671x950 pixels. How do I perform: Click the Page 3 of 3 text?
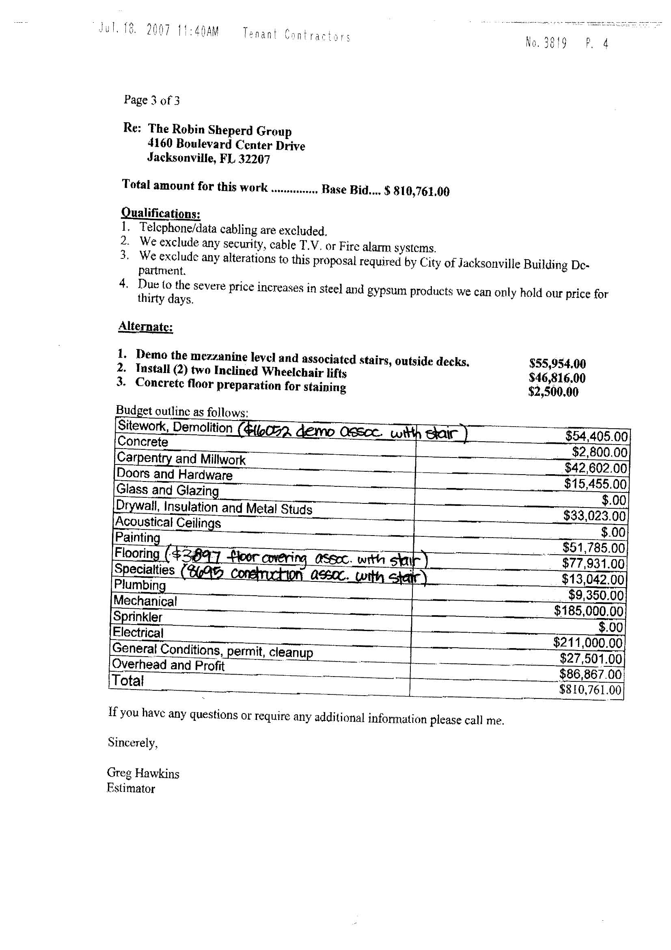pyautogui.click(x=151, y=100)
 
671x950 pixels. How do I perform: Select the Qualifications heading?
pyautogui.click(x=160, y=213)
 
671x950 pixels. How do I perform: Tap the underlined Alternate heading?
pyautogui.click(x=146, y=326)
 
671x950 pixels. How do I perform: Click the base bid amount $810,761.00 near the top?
pyautogui.click(x=417, y=191)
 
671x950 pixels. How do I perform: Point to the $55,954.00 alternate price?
pyautogui.click(x=557, y=364)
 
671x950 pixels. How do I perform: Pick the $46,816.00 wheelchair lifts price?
pyautogui.click(x=557, y=378)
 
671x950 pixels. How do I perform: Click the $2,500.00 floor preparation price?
pyautogui.click(x=553, y=392)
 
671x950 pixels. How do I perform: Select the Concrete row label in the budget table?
pyautogui.click(x=142, y=442)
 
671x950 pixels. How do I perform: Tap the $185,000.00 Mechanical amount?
pyautogui.click(x=588, y=611)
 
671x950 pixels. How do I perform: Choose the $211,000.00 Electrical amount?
pyautogui.click(x=587, y=642)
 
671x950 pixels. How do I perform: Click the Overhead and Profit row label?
pyautogui.click(x=168, y=665)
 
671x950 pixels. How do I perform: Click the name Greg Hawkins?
pyautogui.click(x=143, y=773)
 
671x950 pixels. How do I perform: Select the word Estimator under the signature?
pyautogui.click(x=131, y=788)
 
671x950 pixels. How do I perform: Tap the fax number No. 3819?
pyautogui.click(x=546, y=43)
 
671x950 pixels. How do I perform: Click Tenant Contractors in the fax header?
pyautogui.click(x=296, y=35)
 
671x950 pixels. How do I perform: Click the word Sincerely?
pyautogui.click(x=133, y=743)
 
